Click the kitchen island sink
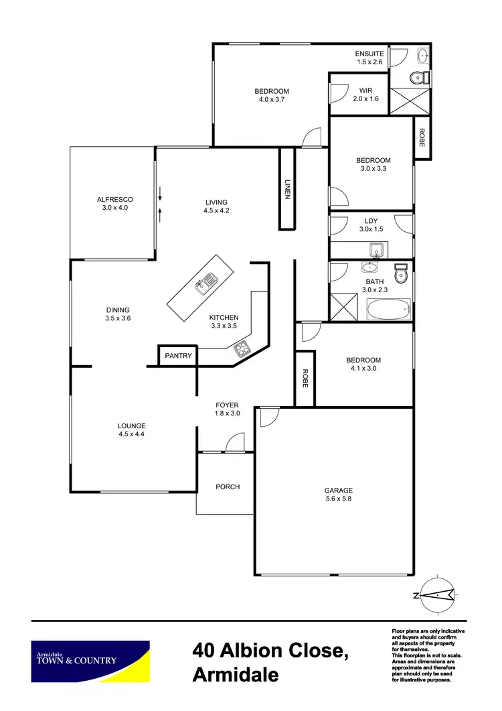click(x=205, y=284)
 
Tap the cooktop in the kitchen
click(x=240, y=347)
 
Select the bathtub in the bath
click(x=389, y=310)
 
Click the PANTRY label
click(x=178, y=356)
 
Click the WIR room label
click(x=365, y=90)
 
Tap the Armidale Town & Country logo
click(x=91, y=661)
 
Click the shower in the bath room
click(x=345, y=310)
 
